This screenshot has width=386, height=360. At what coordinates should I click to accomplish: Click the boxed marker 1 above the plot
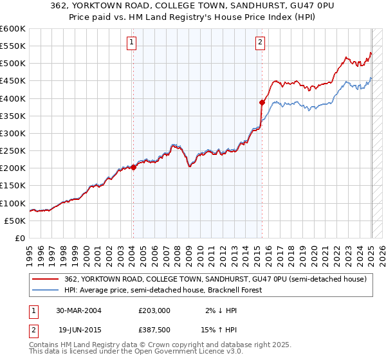point(131,43)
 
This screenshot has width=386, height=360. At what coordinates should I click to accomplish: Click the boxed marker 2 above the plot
point(261,43)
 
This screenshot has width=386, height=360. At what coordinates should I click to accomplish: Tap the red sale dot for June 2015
point(262,102)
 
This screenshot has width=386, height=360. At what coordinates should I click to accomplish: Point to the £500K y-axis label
point(12,64)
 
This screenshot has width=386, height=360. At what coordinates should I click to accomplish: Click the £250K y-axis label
point(12,150)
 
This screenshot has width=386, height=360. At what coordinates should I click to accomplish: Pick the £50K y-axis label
point(15,221)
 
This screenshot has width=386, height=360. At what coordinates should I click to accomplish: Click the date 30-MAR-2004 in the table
point(79,310)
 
